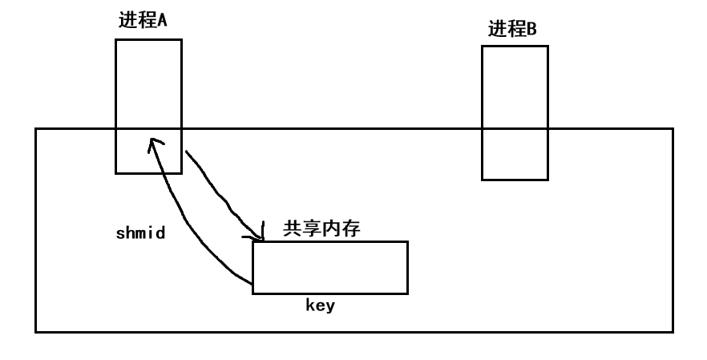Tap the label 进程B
(512, 30)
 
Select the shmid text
(140, 234)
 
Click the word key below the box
(321, 305)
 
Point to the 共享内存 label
(321, 229)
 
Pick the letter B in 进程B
(531, 30)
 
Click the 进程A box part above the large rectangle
(148, 83)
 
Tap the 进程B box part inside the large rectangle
(515, 154)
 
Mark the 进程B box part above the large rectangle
(515, 87)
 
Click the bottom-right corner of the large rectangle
(673, 331)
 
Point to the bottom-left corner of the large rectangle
(36, 331)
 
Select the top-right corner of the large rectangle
(673, 128)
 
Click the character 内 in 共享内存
(331, 229)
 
